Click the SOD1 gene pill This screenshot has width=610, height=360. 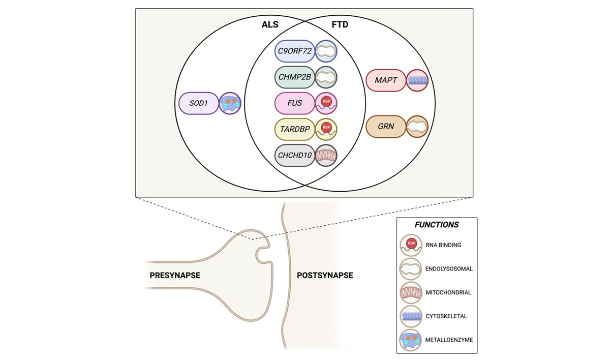pyautogui.click(x=199, y=103)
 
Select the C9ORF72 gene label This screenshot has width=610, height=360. pyautogui.click(x=295, y=51)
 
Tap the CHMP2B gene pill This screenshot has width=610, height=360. pyautogui.click(x=295, y=77)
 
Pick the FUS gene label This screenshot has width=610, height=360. pyautogui.click(x=295, y=103)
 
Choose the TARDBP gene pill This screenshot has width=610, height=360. pyautogui.click(x=295, y=129)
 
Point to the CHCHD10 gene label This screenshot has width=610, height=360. pyautogui.click(x=295, y=155)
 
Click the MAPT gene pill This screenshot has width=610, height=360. pyautogui.click(x=386, y=80)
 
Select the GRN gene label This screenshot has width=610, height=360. pyautogui.click(x=386, y=126)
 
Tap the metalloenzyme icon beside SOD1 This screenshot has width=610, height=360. pyautogui.click(x=230, y=103)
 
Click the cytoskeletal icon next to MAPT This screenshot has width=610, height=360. pyautogui.click(x=417, y=80)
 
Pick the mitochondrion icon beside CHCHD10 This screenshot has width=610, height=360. pyautogui.click(x=326, y=155)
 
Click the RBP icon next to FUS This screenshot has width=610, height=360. pyautogui.click(x=326, y=103)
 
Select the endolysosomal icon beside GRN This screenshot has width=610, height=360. pyautogui.click(x=417, y=126)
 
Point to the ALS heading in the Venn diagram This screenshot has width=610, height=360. pyautogui.click(x=270, y=24)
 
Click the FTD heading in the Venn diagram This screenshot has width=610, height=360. pyautogui.click(x=340, y=24)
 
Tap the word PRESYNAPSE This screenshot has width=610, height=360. pyautogui.click(x=175, y=275)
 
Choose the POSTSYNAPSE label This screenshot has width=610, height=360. pyautogui.click(x=325, y=275)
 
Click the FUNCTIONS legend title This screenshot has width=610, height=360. pyautogui.click(x=437, y=225)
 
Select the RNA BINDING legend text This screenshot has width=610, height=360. pyautogui.click(x=443, y=245)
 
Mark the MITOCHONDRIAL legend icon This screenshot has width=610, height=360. pyautogui.click(x=411, y=292)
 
